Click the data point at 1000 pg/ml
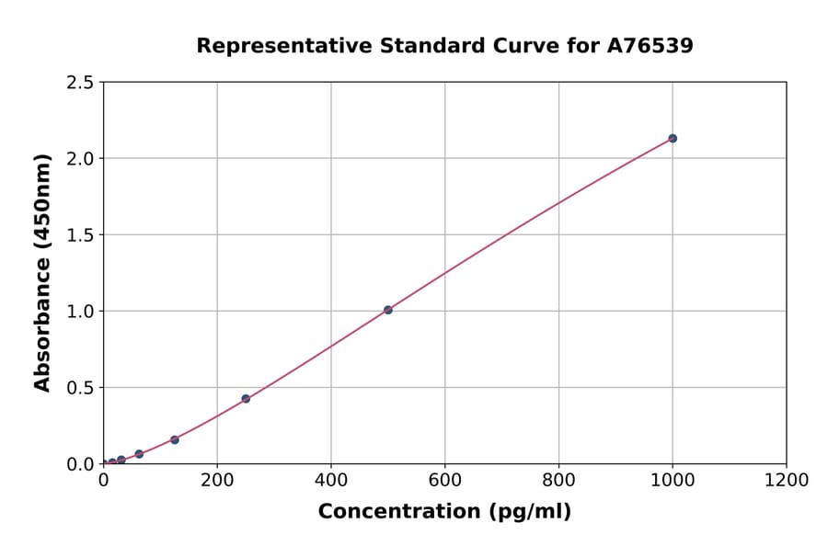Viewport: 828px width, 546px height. (x=673, y=138)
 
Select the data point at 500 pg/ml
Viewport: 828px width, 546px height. (x=388, y=310)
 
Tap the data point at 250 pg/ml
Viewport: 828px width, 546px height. (x=246, y=399)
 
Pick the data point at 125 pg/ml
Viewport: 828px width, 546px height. (x=175, y=439)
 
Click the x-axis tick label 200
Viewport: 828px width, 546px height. (x=217, y=480)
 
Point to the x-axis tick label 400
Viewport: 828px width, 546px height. (x=331, y=480)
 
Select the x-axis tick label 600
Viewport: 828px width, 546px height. (x=444, y=480)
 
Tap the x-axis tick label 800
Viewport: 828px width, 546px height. (x=558, y=480)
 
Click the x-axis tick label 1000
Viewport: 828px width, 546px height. (x=673, y=480)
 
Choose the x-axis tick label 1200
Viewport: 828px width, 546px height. (x=787, y=480)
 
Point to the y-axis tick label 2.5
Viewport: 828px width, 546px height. (x=81, y=83)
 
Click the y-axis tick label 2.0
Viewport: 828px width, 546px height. (x=81, y=159)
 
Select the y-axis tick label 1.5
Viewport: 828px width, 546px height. (x=81, y=235)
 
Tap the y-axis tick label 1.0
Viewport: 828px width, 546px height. (x=81, y=312)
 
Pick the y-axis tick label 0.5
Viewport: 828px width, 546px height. (x=81, y=388)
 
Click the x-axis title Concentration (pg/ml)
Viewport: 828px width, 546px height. (x=444, y=512)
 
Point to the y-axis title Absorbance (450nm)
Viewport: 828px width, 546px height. (x=42, y=273)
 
